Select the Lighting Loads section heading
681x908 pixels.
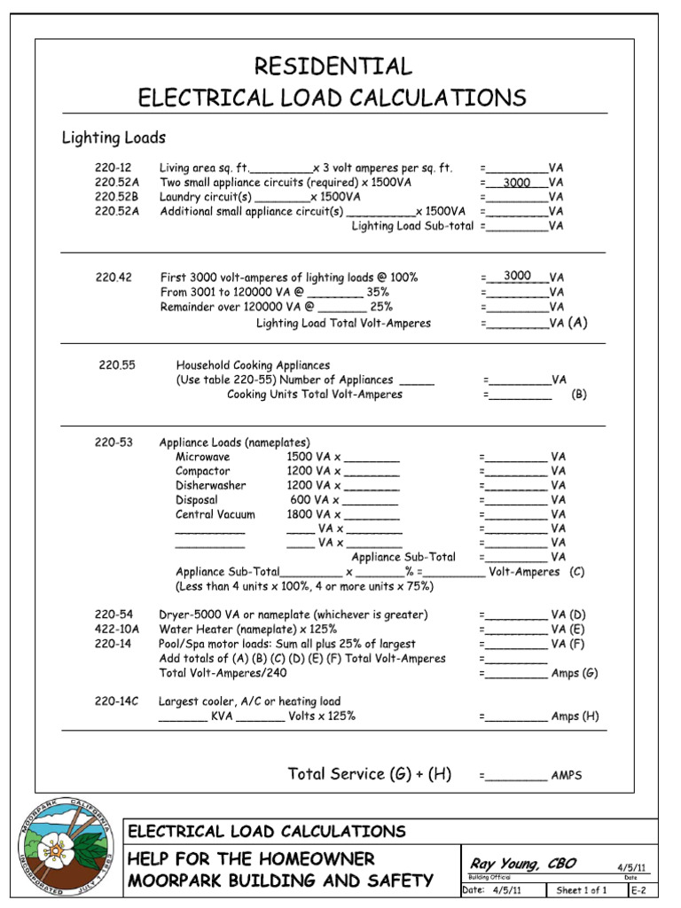coord(113,137)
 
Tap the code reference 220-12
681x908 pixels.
coord(113,168)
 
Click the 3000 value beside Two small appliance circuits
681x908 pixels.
coord(516,183)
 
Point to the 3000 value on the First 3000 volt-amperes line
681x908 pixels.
coord(517,277)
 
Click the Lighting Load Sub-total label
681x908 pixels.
coord(412,226)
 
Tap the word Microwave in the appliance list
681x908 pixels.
coord(203,457)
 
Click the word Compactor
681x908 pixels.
coord(202,471)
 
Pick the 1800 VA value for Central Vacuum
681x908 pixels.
coord(309,514)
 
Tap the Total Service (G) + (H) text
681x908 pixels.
coord(370,774)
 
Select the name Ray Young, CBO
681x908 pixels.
coord(512,864)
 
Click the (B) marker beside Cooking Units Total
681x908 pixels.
coord(579,395)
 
